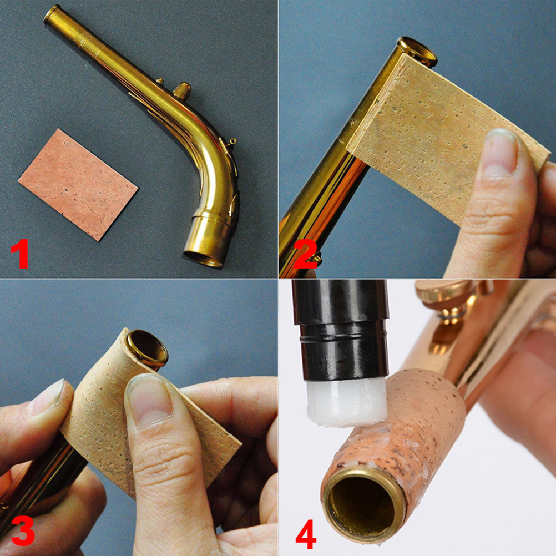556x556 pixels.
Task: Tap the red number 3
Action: [22, 530]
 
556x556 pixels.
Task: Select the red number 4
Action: [306, 533]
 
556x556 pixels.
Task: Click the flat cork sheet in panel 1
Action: [78, 184]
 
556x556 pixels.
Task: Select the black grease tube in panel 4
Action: [341, 327]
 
